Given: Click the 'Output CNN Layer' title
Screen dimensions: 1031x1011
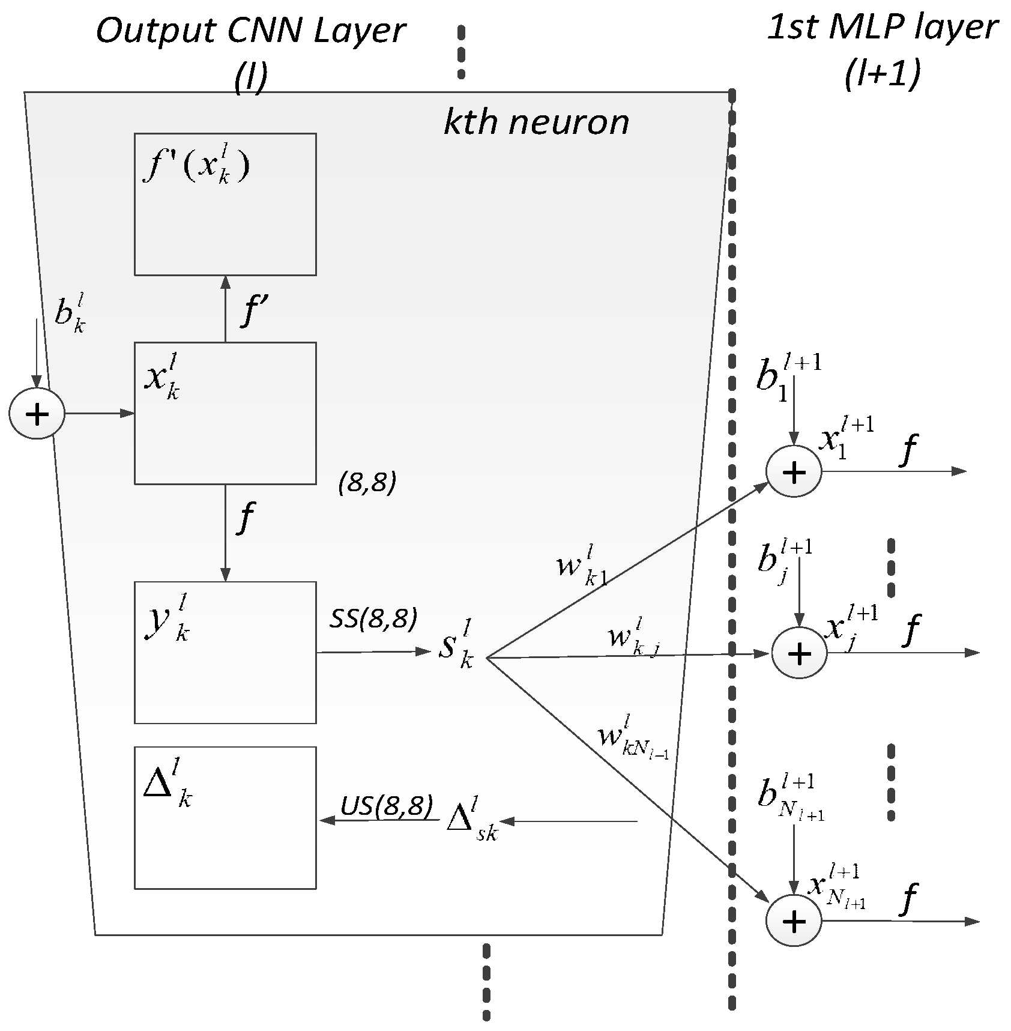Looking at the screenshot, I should click(250, 31).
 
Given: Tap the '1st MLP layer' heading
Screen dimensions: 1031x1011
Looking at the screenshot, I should click(883, 28).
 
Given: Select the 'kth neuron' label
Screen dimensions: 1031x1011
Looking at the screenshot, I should click(536, 122).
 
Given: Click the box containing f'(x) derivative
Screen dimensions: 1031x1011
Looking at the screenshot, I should click(225, 204).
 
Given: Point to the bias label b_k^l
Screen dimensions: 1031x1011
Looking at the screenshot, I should click(70, 313).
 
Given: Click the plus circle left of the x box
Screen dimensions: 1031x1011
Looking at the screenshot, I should click(37, 414).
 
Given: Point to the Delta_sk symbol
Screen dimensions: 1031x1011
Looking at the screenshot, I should click(472, 820).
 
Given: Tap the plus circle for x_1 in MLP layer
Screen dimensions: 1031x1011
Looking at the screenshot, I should click(794, 472).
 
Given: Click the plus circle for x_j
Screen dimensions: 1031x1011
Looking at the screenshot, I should click(799, 653).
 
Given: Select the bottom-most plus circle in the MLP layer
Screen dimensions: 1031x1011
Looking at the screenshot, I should click(794, 921).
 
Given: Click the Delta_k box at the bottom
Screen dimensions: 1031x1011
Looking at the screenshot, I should click(225, 817).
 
